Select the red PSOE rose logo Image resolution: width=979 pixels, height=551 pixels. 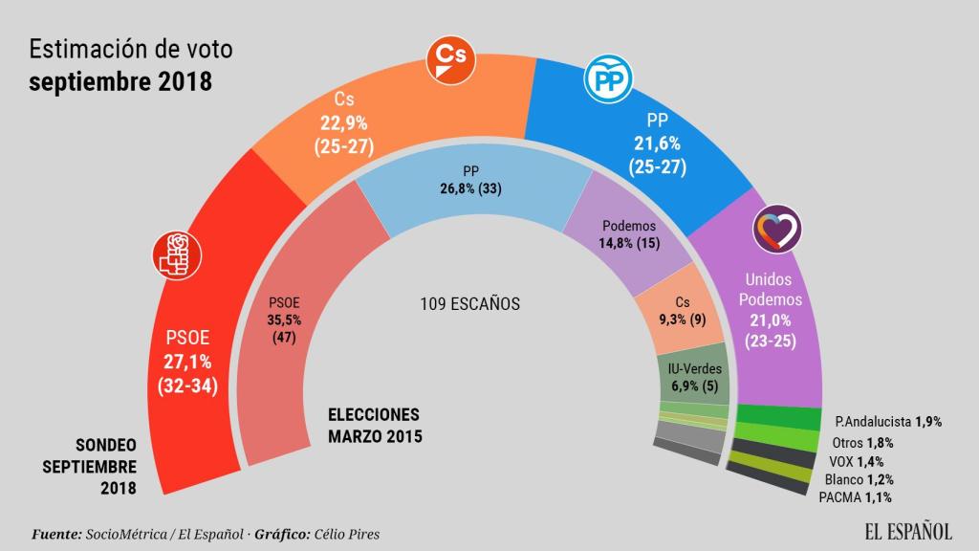point(176,253)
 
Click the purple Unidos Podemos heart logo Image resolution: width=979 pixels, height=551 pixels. point(777,228)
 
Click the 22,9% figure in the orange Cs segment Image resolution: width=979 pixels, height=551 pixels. point(341,123)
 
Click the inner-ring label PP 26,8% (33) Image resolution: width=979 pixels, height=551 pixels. point(469,180)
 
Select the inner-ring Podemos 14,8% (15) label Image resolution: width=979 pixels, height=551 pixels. point(629,235)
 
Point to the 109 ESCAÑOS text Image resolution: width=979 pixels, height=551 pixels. point(469,304)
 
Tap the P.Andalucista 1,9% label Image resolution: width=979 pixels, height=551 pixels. point(889,422)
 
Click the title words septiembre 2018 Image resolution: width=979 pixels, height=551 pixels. point(119,82)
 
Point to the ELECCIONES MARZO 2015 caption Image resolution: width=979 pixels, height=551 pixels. point(375,425)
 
